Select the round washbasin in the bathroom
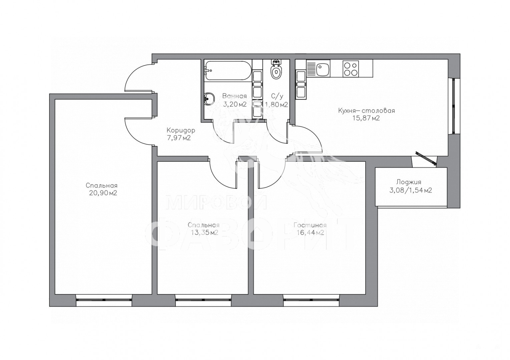click(x=209, y=99)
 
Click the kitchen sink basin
click(x=323, y=70)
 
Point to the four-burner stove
click(x=351, y=69)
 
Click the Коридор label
click(x=181, y=130)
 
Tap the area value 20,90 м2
click(x=103, y=193)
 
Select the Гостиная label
click(x=310, y=225)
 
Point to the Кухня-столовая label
click(x=366, y=111)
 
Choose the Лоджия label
click(x=409, y=182)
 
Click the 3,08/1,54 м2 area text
click(x=411, y=190)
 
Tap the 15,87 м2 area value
click(x=366, y=118)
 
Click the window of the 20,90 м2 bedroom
click(x=104, y=300)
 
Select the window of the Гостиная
click(x=311, y=300)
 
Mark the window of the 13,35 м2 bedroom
click(x=203, y=300)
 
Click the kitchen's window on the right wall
click(x=454, y=106)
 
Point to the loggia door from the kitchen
click(x=426, y=158)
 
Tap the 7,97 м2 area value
click(x=179, y=138)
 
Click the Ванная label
click(x=234, y=96)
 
